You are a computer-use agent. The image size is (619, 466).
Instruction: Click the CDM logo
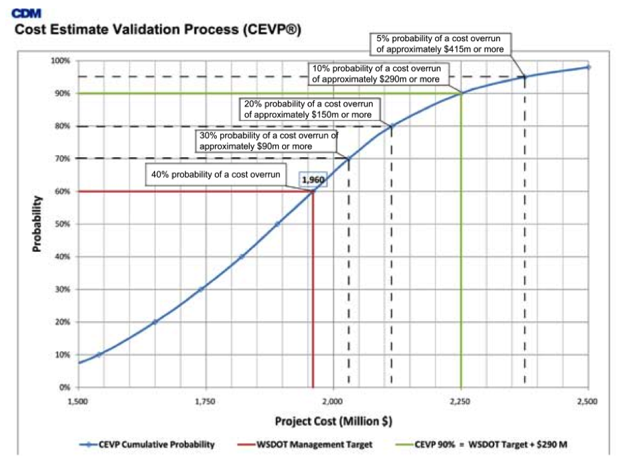coord(25,12)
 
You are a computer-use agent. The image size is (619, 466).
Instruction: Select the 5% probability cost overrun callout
coord(440,44)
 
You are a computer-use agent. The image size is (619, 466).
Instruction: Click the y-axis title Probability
coord(38,224)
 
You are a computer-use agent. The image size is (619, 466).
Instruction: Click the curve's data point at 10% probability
coord(99,355)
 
